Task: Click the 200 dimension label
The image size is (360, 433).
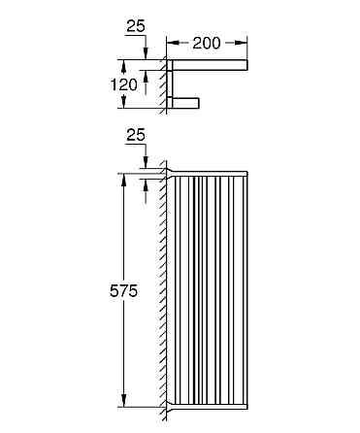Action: (208, 43)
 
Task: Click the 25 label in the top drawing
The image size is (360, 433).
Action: (136, 26)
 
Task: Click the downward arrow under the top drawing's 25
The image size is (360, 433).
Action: (146, 54)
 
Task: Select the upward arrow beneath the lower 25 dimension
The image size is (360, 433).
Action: (146, 184)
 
